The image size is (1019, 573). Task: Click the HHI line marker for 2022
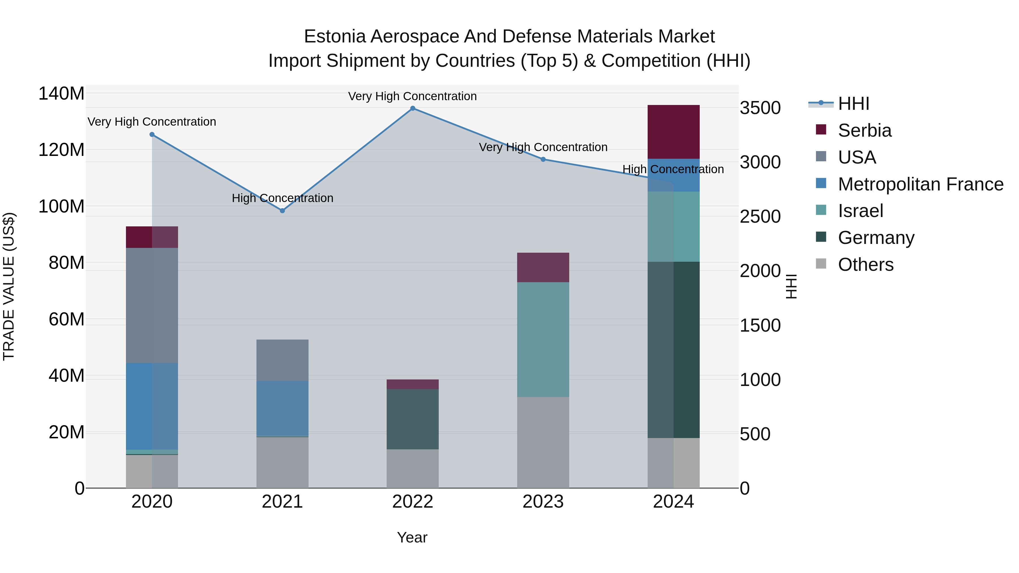pos(413,108)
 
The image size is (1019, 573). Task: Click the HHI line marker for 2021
pos(282,211)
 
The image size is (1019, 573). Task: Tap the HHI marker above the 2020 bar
pos(152,134)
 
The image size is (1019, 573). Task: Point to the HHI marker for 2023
pos(543,159)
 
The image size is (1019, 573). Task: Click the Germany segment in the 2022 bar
pos(413,419)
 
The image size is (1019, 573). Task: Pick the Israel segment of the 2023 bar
pos(543,339)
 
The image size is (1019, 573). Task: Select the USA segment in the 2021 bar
pos(282,360)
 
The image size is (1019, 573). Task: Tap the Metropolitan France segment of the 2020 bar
pos(152,406)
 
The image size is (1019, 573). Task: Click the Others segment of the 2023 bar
pos(543,442)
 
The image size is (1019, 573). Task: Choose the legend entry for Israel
pos(860,211)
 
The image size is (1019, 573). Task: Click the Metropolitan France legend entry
pos(920,184)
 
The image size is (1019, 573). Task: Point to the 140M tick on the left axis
pos(61,94)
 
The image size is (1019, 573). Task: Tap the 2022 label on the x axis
pos(413,502)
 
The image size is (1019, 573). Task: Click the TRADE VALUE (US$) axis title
pos(9,286)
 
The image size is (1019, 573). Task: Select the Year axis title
pos(412,537)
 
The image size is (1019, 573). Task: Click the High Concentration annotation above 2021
pos(282,198)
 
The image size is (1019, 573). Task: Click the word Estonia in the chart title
pos(334,37)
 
